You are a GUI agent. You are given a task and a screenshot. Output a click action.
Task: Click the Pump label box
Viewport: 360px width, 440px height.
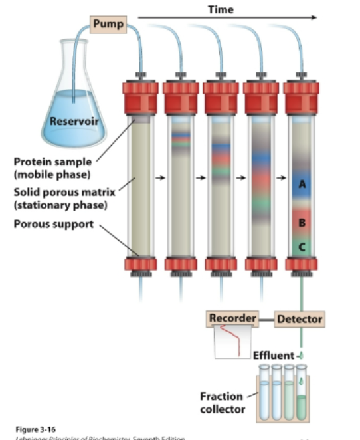tap(107, 24)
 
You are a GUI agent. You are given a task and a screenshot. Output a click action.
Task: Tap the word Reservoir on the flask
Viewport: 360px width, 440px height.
tap(74, 121)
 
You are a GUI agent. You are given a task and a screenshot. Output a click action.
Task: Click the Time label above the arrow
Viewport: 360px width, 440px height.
tap(220, 9)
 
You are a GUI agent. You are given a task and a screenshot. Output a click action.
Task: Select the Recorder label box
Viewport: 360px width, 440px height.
tap(232, 318)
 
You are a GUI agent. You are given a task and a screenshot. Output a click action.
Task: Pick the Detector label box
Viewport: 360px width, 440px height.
tap(299, 319)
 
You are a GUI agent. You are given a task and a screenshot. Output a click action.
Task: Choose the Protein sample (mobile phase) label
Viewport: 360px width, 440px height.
tap(53, 167)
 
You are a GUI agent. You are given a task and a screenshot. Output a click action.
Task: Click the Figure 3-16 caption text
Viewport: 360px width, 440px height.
tap(31, 429)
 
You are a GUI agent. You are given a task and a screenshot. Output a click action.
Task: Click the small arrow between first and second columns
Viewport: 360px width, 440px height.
tap(159, 178)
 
